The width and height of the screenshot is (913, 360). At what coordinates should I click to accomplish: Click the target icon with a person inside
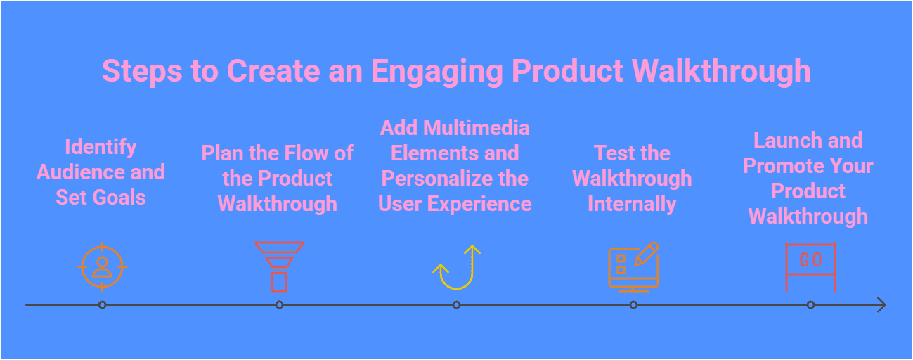point(102,266)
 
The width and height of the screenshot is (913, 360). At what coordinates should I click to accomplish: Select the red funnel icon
point(279,266)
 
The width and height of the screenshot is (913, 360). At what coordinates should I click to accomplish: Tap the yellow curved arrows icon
point(456,268)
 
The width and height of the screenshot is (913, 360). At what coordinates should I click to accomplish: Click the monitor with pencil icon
point(633,266)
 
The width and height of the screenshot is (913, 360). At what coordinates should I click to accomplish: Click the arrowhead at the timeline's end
point(881,305)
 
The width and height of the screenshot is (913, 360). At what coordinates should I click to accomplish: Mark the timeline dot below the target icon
point(102,305)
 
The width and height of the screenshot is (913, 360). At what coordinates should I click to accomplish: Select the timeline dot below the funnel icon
point(279,305)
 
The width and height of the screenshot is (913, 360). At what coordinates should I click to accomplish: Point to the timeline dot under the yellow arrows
point(456,305)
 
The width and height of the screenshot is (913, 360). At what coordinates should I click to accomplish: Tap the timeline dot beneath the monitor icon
point(633,305)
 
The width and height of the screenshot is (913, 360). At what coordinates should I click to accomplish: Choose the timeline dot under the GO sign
point(810,305)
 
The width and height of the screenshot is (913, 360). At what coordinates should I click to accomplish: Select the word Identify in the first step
point(101,147)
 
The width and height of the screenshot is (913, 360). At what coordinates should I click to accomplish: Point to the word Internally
point(632,204)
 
